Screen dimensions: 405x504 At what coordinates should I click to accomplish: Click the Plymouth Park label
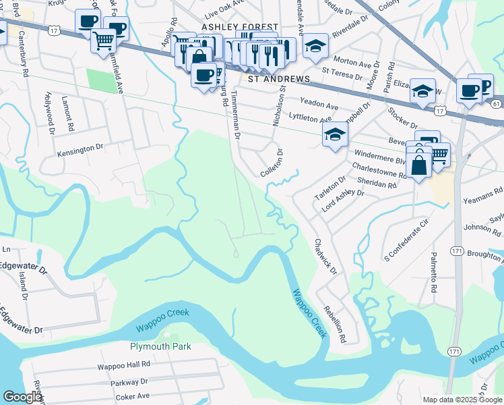click(160, 346)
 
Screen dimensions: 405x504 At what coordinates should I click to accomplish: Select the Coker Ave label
click(131, 396)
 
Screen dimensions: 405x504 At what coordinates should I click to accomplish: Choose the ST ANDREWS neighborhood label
click(279, 79)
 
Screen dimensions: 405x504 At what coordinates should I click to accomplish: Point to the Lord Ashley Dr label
click(343, 200)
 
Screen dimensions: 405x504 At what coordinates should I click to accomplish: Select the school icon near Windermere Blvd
click(335, 135)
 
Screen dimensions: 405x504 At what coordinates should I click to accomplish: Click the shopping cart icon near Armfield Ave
click(104, 41)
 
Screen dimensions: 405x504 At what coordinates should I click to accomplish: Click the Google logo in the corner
click(22, 397)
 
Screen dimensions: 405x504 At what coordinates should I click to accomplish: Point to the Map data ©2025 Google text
click(462, 400)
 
